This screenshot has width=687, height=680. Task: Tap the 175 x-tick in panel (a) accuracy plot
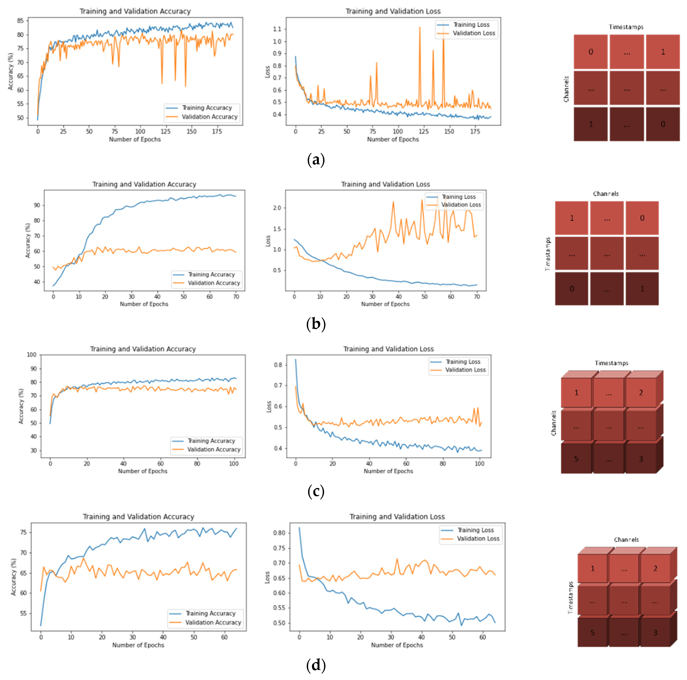[x=217, y=131]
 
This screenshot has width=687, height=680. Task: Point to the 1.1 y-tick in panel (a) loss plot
[x=277, y=29]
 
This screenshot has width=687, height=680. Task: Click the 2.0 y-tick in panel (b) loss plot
[x=277, y=208]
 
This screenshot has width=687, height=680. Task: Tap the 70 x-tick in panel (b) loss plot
[x=477, y=296]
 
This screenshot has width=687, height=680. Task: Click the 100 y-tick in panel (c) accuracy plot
[x=32, y=355]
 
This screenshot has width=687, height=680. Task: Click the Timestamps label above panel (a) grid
[x=626, y=27]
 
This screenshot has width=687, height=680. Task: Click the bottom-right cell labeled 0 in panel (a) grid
[x=662, y=124]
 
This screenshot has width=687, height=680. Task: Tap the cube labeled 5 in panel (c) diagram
[x=576, y=459]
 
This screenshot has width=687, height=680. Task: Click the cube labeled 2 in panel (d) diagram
[x=655, y=568]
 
